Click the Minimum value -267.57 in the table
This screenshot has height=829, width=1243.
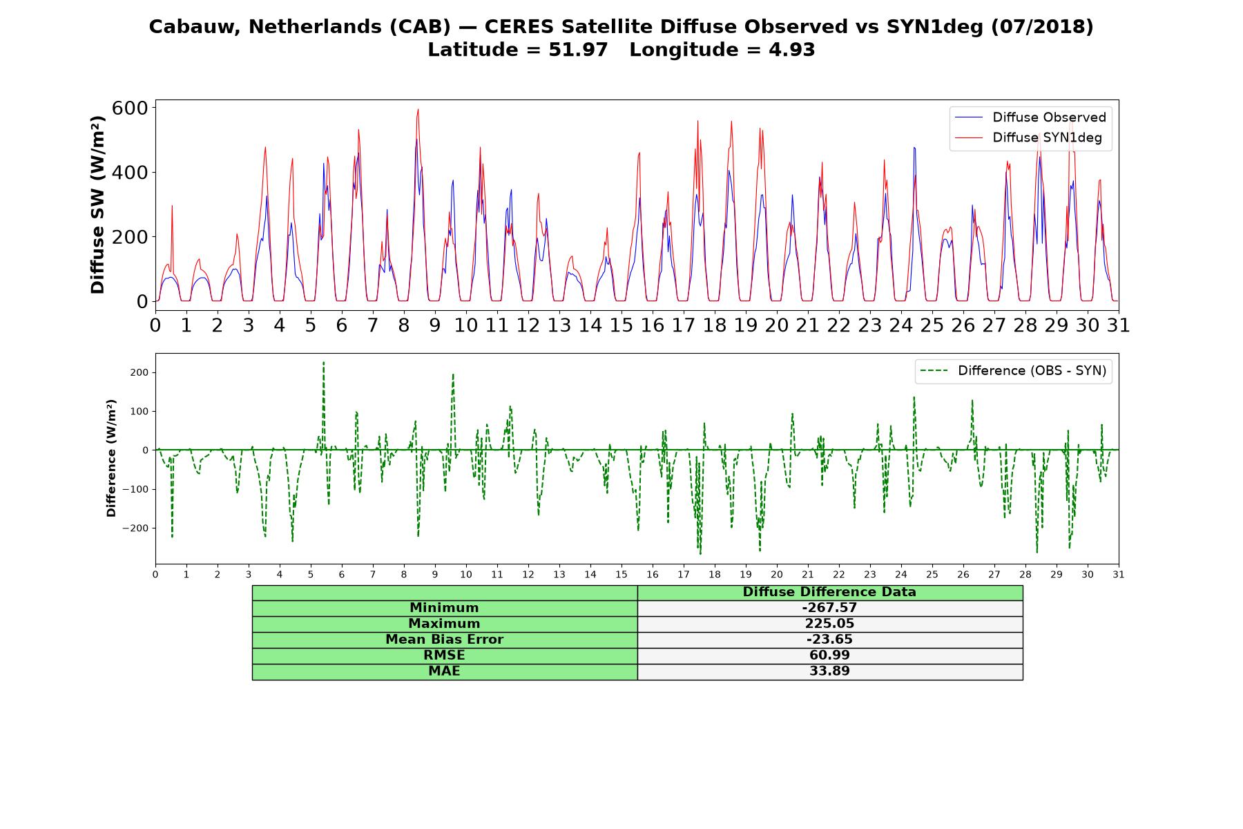pyautogui.click(x=829, y=608)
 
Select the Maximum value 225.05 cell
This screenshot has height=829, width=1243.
pyautogui.click(x=829, y=624)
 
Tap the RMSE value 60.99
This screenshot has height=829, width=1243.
pyautogui.click(x=829, y=656)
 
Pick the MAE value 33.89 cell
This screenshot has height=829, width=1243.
pyautogui.click(x=829, y=671)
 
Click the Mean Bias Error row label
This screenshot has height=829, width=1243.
pyautogui.click(x=444, y=640)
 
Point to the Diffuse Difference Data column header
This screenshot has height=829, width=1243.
pyautogui.click(x=829, y=592)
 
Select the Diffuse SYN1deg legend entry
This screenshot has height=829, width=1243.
pyautogui.click(x=1028, y=137)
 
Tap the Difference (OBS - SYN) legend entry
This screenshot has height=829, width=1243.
pyautogui.click(x=1013, y=371)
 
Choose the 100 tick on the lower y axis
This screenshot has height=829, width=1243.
pyautogui.click(x=139, y=412)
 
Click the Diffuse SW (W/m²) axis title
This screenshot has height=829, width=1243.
pyautogui.click(x=97, y=204)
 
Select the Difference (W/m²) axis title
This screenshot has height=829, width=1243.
pyautogui.click(x=111, y=458)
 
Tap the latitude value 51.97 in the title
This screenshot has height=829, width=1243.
pyautogui.click(x=579, y=50)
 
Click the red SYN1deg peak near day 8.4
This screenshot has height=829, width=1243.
pyautogui.click(x=418, y=109)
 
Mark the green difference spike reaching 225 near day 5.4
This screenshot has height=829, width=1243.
pyautogui.click(x=323, y=362)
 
